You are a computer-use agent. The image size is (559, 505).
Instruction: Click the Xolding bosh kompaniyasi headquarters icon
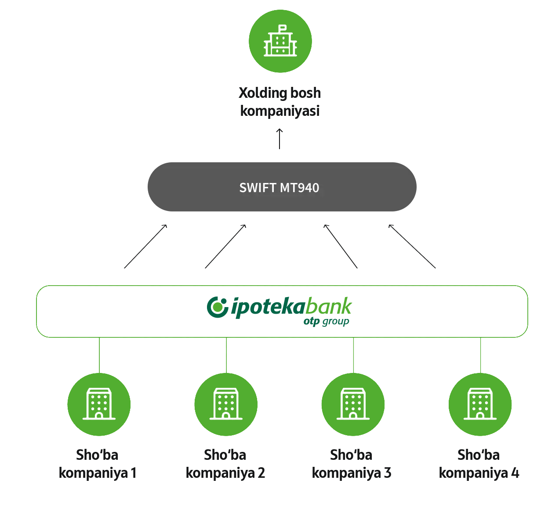[280, 41]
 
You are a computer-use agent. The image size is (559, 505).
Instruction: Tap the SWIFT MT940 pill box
[282, 187]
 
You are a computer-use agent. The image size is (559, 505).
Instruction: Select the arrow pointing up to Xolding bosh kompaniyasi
[279, 139]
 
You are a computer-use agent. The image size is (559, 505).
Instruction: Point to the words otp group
[326, 322]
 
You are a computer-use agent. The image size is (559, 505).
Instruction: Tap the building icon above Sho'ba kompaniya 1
[99, 404]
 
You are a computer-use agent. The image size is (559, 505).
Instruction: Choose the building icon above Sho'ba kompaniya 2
[226, 404]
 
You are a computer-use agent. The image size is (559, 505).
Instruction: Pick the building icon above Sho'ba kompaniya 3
[353, 404]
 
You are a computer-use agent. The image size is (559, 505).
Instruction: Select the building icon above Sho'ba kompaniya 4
[480, 404]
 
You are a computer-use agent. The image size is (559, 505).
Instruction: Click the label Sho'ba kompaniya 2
[225, 464]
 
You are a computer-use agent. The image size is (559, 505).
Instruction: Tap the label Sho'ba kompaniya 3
[351, 464]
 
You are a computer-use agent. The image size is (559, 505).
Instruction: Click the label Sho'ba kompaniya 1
[97, 464]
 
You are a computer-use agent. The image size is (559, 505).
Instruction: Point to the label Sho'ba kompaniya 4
[479, 464]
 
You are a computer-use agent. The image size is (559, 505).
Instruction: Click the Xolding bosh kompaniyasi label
[279, 102]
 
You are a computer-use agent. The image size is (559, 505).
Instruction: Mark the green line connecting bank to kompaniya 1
[99, 355]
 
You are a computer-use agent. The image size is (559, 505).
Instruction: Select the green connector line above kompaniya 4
[480, 355]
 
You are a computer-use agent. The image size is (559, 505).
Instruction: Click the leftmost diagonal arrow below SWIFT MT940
[145, 246]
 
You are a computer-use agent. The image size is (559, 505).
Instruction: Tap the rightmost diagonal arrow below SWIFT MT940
[412, 246]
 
